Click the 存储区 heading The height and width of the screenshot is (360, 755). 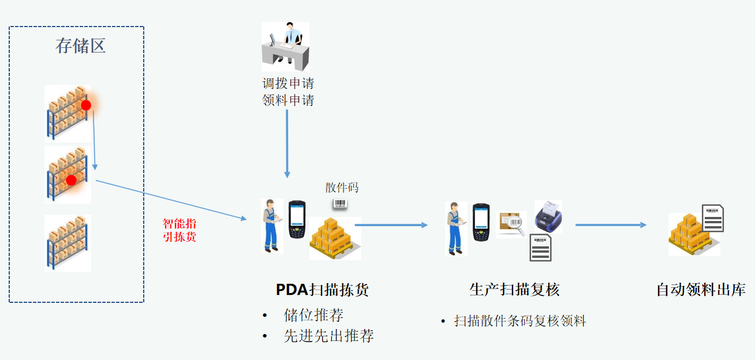pyautogui.click(x=81, y=46)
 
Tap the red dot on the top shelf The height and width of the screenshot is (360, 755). pyautogui.click(x=86, y=105)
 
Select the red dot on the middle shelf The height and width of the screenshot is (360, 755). pyautogui.click(x=71, y=180)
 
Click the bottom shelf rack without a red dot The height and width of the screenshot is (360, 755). pyautogui.click(x=68, y=243)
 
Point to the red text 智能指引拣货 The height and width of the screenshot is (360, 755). pyautogui.click(x=180, y=230)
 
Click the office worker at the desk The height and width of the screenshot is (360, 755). pyautogui.click(x=286, y=47)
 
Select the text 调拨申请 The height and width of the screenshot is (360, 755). pyautogui.click(x=288, y=83)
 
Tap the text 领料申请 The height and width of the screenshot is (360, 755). pyautogui.click(x=288, y=100)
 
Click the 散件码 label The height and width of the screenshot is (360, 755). pyautogui.click(x=342, y=187)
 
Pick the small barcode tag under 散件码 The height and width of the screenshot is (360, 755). pyautogui.click(x=340, y=204)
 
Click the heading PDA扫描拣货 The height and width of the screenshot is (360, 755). pyautogui.click(x=322, y=290)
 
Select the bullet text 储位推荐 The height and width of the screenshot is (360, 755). pyautogui.click(x=313, y=315)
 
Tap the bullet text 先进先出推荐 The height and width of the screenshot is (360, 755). pyautogui.click(x=328, y=336)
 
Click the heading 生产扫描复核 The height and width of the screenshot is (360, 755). pyautogui.click(x=514, y=290)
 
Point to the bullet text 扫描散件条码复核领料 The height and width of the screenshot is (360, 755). pyautogui.click(x=519, y=321)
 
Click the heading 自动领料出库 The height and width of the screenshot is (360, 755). pyautogui.click(x=701, y=290)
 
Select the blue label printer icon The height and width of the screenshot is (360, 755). pyautogui.click(x=548, y=216)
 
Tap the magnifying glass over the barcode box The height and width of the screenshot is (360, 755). pyautogui.click(x=516, y=225)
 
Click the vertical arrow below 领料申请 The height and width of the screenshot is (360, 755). pyautogui.click(x=287, y=144)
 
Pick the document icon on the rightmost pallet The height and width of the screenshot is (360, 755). pyautogui.click(x=712, y=218)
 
